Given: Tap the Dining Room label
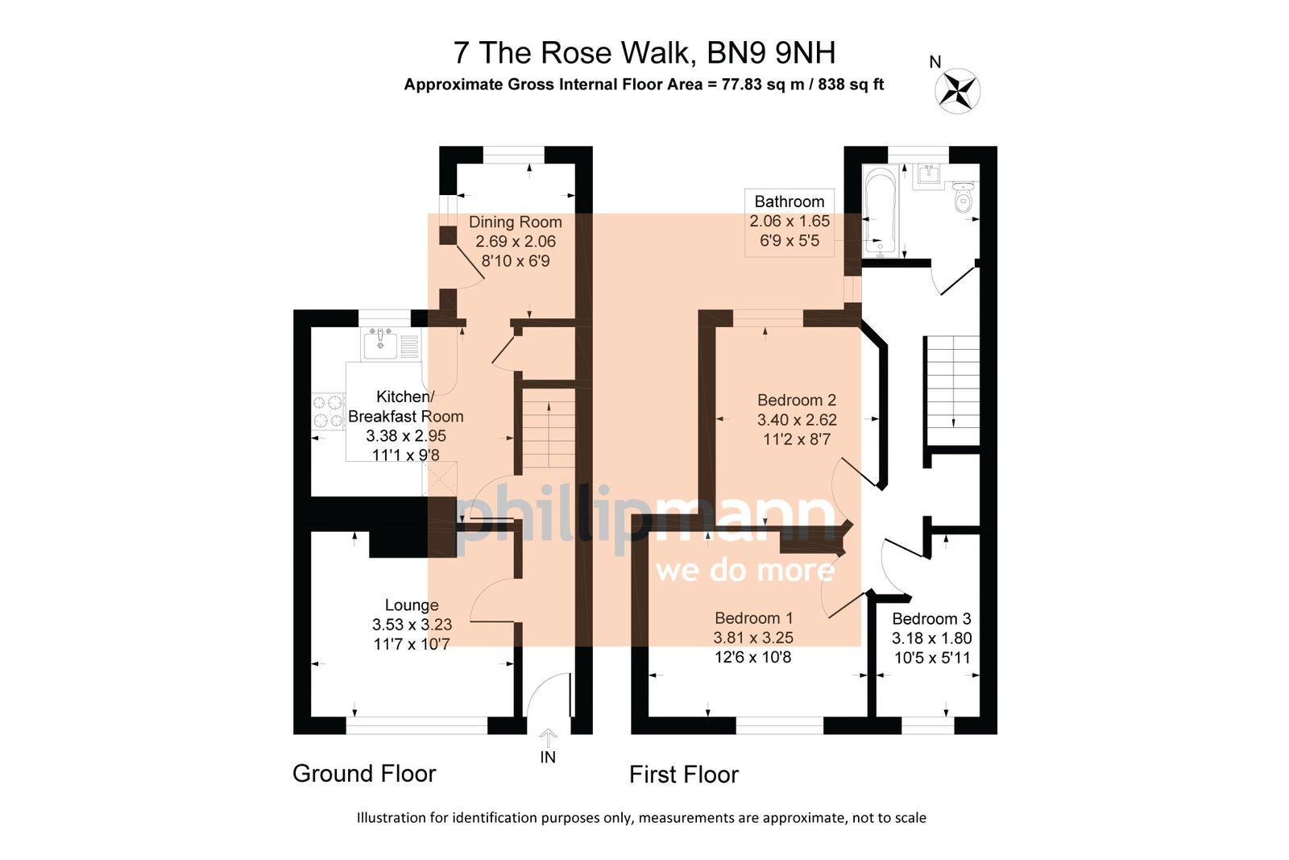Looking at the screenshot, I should coord(516,222).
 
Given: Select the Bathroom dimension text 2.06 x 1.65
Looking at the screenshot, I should coord(789,221).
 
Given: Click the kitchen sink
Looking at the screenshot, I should coord(379,344).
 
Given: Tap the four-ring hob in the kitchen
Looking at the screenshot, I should coord(328,410).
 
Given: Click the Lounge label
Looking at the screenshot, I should coord(412,604).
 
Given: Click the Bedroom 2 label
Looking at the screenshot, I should coord(797,400).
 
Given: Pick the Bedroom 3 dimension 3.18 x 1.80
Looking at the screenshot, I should coord(931,638).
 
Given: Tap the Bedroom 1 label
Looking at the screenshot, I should coord(754,617).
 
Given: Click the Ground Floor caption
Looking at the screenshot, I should coord(364,774).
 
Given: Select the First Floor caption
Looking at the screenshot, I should coord(684,775).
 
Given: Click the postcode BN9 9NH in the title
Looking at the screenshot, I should coord(771,53).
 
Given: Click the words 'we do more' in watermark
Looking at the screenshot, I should coord(745,571).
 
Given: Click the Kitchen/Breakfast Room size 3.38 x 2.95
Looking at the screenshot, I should coord(405,436).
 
